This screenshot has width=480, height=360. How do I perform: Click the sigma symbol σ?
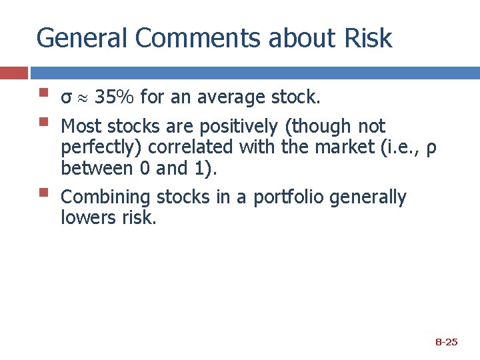[x=65, y=99]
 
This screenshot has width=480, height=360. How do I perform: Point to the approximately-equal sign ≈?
[x=82, y=99]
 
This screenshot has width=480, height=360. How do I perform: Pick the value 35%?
[x=115, y=98]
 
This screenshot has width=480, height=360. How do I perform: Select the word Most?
[x=81, y=126]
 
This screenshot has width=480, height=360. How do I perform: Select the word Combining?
[x=105, y=197]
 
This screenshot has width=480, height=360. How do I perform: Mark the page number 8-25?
[x=446, y=342]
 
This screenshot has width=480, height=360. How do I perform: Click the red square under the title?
[x=14, y=73]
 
